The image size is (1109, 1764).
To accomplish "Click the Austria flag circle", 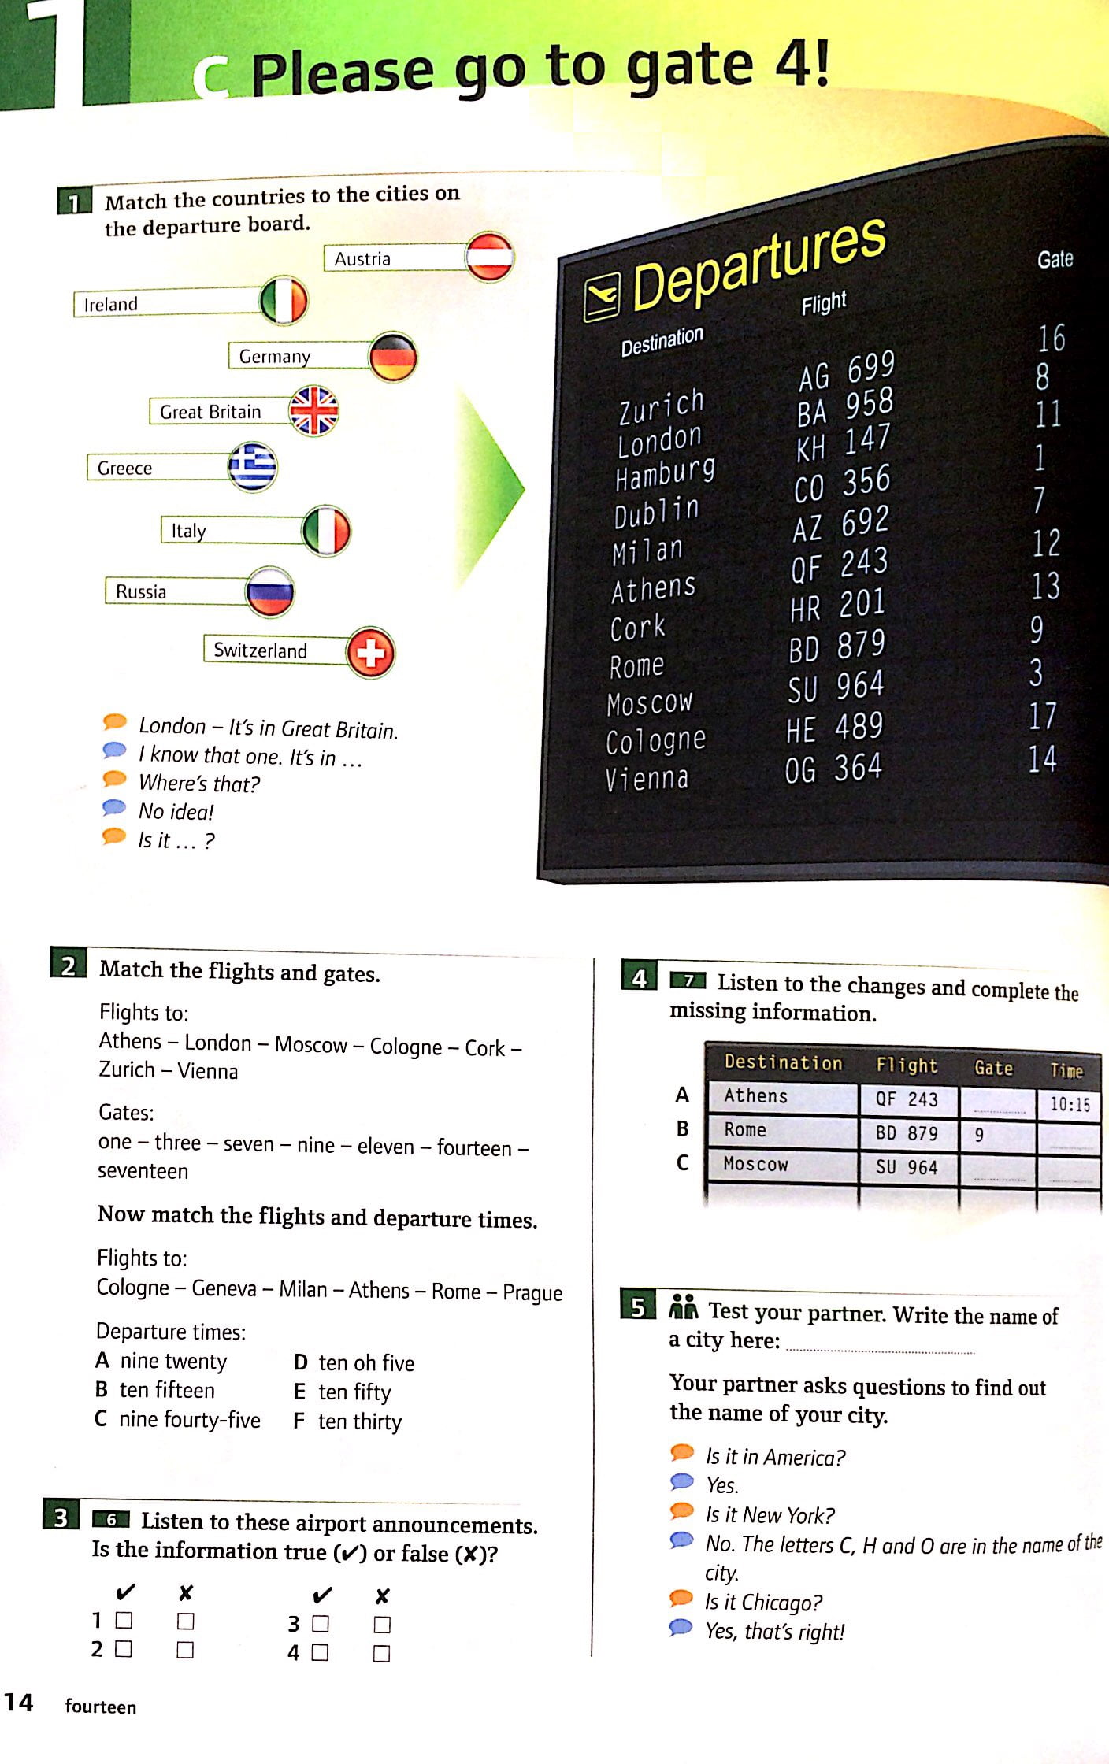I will click(x=489, y=257).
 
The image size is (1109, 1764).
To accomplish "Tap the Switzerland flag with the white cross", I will click(x=370, y=652).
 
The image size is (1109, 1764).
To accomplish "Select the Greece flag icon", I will click(x=252, y=466).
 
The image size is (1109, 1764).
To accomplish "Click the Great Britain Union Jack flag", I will click(x=313, y=410).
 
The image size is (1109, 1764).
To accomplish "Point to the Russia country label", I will click(x=141, y=591).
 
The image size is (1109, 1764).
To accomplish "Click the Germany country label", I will click(x=275, y=357).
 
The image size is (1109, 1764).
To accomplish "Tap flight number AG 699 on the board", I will click(x=847, y=370).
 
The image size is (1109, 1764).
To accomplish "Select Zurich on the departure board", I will click(x=661, y=406).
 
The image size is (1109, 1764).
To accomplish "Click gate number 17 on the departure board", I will click(x=1042, y=715).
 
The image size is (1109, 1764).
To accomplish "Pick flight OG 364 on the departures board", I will click(x=833, y=768).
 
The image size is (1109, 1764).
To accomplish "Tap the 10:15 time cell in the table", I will click(x=1070, y=1104).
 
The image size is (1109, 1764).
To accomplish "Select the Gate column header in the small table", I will click(x=993, y=1068).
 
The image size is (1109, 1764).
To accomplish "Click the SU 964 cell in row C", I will click(x=907, y=1166).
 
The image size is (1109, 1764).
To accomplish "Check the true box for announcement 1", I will click(x=124, y=1620).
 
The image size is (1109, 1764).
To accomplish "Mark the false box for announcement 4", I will click(x=381, y=1653).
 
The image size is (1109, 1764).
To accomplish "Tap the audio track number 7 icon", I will click(x=688, y=981).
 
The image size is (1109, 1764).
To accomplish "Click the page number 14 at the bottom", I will click(x=18, y=1702).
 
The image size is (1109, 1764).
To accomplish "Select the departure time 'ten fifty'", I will click(x=354, y=1392).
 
